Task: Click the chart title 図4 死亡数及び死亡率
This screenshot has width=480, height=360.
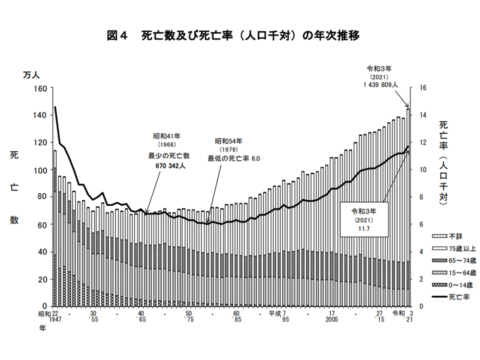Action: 233,36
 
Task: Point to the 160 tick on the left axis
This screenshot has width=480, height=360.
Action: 40,88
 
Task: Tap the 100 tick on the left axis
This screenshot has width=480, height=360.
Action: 40,170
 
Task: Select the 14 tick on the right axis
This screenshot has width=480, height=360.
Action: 423,115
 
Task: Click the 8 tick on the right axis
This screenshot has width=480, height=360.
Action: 421,197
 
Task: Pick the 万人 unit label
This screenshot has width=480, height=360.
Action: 31,75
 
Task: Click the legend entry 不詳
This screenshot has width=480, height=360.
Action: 447,236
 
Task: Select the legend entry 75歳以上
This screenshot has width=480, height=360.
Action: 454,248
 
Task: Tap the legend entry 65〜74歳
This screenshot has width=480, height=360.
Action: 454,261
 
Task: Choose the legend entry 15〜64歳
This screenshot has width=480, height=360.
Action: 454,273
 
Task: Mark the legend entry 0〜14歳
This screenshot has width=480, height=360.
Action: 452,285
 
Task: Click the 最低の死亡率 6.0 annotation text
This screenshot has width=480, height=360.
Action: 233,158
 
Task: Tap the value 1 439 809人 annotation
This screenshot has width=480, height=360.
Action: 381,85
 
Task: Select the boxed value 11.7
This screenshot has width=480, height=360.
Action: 364,228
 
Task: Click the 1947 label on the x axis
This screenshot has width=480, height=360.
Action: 55,319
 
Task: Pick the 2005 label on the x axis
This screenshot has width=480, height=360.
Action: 332,319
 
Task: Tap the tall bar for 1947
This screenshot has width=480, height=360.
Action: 55,228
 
